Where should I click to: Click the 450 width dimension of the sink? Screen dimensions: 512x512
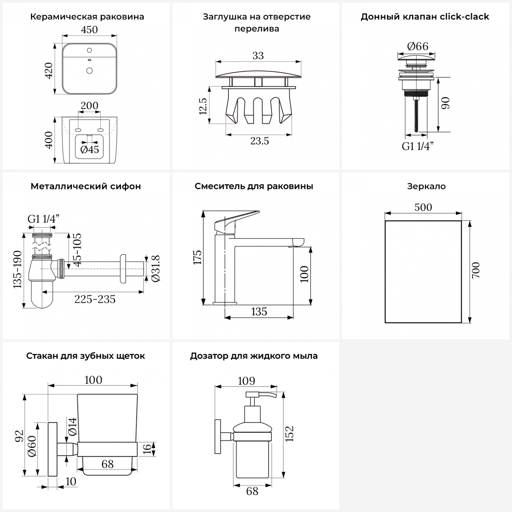pyautogui.click(x=89, y=30)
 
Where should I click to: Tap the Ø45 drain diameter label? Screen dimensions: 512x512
pyautogui.click(x=89, y=150)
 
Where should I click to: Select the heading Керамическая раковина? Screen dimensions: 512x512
pyautogui.click(x=87, y=17)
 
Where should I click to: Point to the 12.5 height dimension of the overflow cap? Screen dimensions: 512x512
pyautogui.click(x=203, y=106)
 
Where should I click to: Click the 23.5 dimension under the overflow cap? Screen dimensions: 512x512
pyautogui.click(x=259, y=141)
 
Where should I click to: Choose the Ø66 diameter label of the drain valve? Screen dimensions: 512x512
pyautogui.click(x=417, y=46)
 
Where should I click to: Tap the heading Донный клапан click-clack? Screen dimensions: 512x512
pyautogui.click(x=425, y=17)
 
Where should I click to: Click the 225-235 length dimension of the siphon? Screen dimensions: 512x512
pyautogui.click(x=95, y=299)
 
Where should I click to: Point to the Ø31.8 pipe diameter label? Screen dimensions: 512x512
pyautogui.click(x=156, y=268)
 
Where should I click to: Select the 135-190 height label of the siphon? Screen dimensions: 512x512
pyautogui.click(x=18, y=270)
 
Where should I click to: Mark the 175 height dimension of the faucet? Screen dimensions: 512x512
pyautogui.click(x=198, y=257)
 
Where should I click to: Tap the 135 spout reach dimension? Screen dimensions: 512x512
pyautogui.click(x=259, y=312)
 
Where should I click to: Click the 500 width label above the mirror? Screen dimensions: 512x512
pyautogui.click(x=423, y=207)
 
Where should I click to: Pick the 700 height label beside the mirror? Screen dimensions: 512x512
pyautogui.click(x=476, y=270)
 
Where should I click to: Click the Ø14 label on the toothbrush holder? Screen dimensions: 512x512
pyautogui.click(x=72, y=426)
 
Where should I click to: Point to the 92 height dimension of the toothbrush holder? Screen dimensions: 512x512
pyautogui.click(x=19, y=436)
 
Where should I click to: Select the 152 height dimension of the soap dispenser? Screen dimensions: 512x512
pyautogui.click(x=289, y=433)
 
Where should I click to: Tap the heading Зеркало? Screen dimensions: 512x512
pyautogui.click(x=426, y=186)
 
